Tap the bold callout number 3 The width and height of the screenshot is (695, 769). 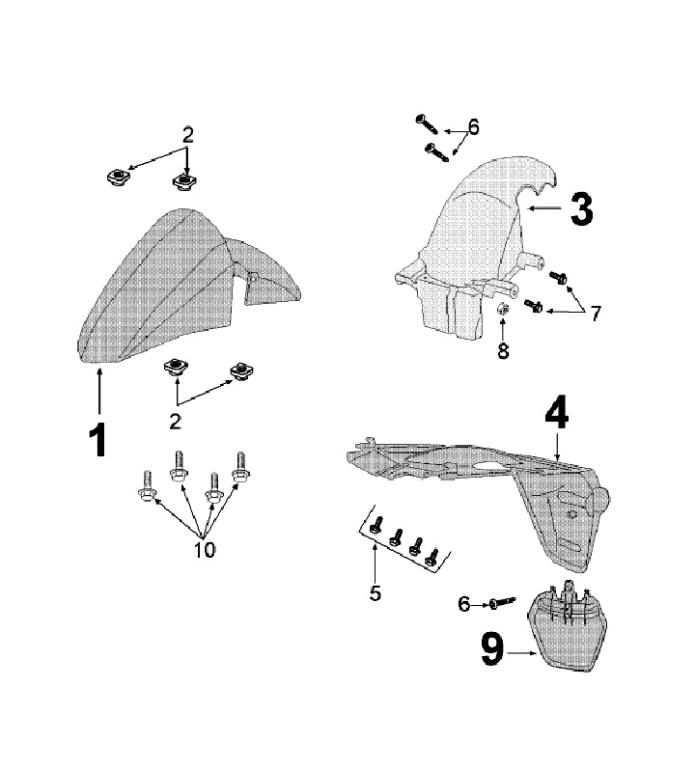point(581,208)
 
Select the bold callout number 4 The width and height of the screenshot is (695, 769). point(557,415)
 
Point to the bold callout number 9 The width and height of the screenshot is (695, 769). point(493,652)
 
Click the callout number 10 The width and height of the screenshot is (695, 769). point(205,550)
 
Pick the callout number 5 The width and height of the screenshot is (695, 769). point(375,592)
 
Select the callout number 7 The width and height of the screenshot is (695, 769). point(596,314)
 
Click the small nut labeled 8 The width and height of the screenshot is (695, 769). point(503,310)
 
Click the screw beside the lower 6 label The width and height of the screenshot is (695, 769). point(498,603)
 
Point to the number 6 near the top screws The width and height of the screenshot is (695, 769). point(473,126)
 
